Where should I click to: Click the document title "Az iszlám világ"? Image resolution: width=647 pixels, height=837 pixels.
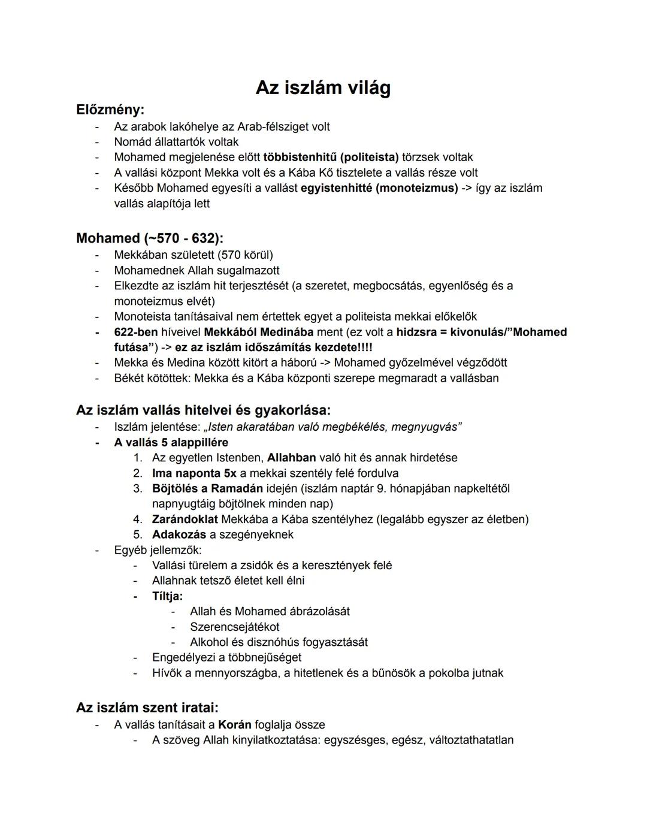coord(323,88)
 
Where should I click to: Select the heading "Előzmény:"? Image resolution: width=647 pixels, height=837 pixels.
coord(110,110)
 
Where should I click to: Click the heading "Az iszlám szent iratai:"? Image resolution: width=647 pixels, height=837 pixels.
coord(147,708)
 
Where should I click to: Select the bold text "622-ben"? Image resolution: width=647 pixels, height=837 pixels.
coord(136,332)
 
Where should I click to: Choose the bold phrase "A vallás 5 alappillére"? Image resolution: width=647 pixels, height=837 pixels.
coord(171,443)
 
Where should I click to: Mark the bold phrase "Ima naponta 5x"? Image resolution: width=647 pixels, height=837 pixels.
coord(194,473)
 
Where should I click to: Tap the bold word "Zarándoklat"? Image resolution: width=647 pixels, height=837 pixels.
coord(185,519)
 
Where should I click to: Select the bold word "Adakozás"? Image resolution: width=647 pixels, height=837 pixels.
coord(179,534)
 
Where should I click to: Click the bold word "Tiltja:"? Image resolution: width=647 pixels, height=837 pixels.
coord(167,596)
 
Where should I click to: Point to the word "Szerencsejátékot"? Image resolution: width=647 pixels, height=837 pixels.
coord(234,627)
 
